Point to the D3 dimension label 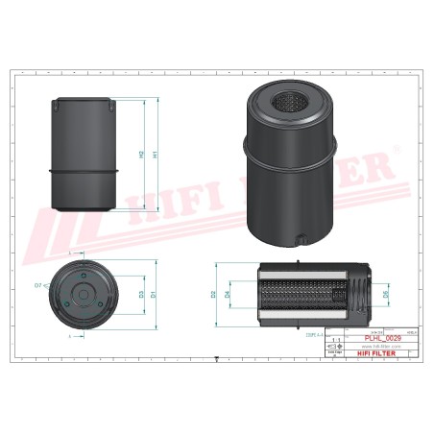point(141,294)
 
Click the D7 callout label point(39,285)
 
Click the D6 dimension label point(386,296)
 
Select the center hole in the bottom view point(85,294)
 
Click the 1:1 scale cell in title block point(335,341)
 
